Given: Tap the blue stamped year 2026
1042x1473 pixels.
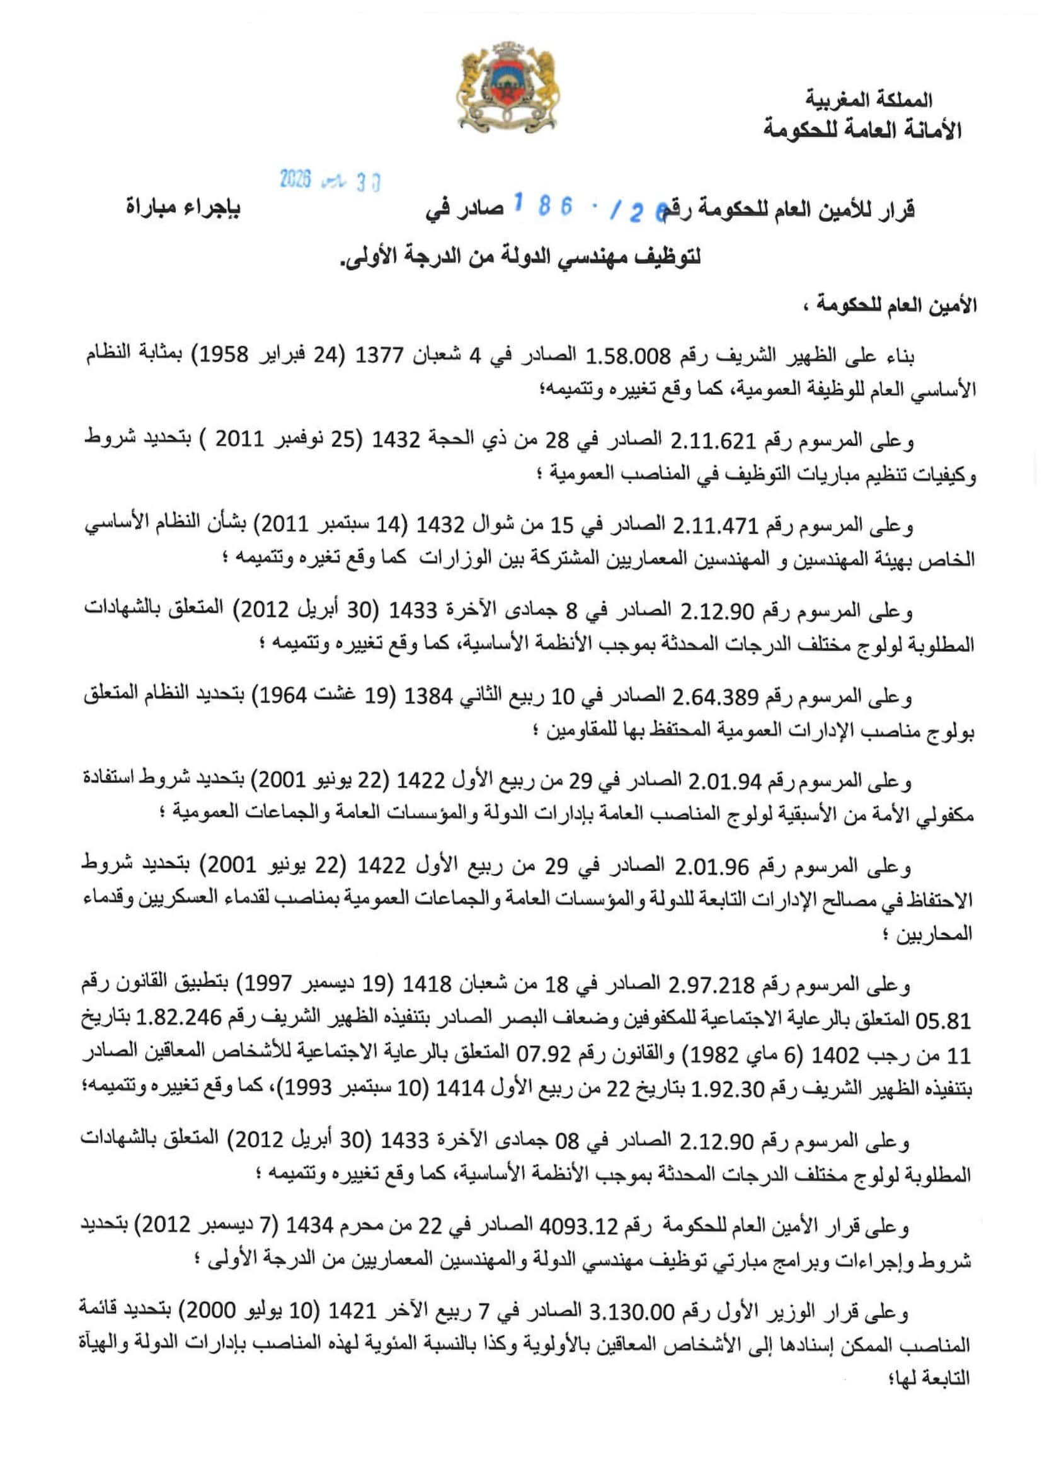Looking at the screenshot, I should [x=296, y=179].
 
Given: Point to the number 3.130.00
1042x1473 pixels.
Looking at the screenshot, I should [x=639, y=1312].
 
